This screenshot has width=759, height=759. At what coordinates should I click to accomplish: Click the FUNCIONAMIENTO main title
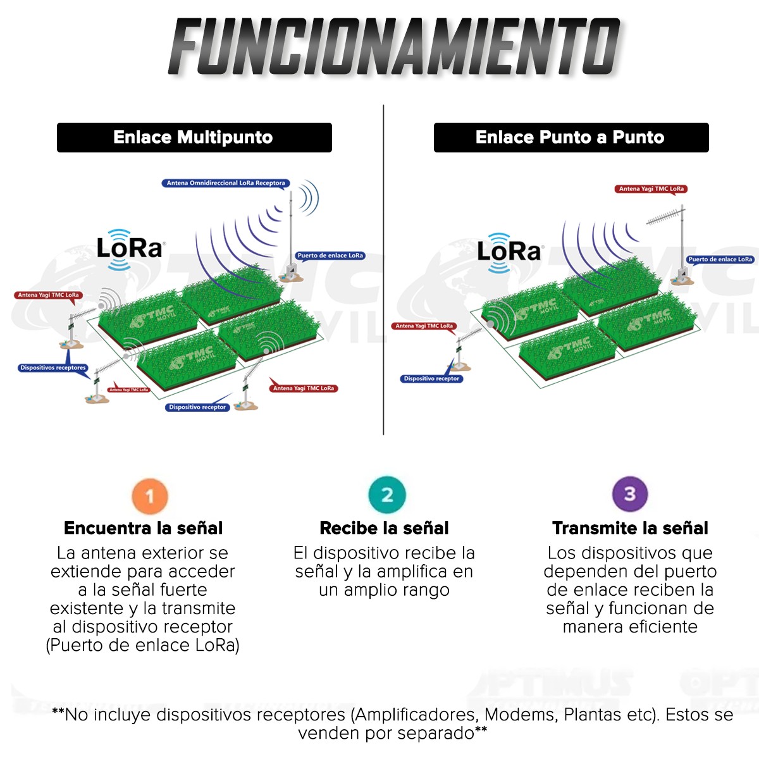[393, 47]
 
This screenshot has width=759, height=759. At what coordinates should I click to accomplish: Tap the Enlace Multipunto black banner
[194, 137]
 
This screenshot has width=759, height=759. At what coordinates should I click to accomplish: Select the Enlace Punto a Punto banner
[571, 137]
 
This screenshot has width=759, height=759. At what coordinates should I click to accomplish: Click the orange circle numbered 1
[150, 495]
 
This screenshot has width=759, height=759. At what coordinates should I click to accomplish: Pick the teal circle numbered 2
[386, 495]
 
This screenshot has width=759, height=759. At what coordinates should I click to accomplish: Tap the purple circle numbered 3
[629, 494]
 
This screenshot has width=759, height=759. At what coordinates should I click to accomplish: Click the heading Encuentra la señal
[143, 528]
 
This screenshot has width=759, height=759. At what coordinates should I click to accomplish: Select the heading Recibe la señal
[384, 528]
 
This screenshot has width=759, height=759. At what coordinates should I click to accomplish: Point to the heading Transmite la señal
[630, 528]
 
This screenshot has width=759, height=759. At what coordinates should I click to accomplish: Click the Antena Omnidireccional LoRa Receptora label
[226, 183]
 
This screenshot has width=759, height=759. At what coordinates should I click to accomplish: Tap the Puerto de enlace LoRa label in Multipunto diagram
[330, 256]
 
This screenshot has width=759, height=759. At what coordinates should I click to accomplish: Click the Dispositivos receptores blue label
[53, 367]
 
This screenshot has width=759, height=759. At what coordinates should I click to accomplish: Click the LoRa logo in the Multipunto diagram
[130, 248]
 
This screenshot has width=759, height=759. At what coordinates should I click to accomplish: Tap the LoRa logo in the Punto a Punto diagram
[509, 251]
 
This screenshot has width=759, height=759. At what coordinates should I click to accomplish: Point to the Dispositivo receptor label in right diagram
[431, 378]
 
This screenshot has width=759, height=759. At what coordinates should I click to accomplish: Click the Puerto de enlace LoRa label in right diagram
[720, 259]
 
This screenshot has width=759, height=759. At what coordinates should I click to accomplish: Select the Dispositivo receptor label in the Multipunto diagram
[197, 407]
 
